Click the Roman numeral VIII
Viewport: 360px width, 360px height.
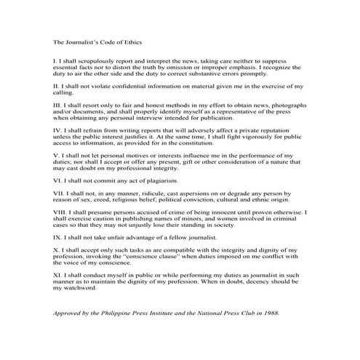pos(60,212)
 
